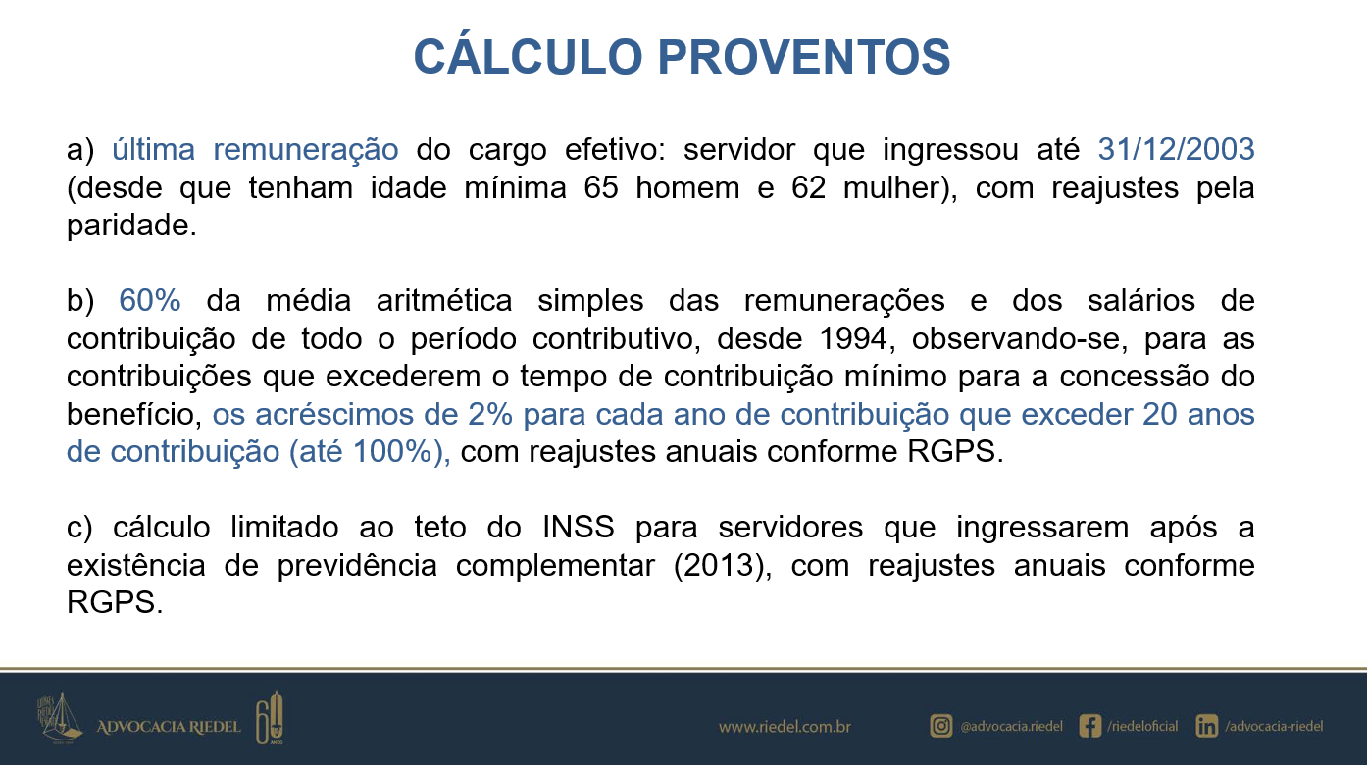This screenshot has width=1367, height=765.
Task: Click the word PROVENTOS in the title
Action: (804, 57)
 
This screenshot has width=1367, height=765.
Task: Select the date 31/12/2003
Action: (1176, 149)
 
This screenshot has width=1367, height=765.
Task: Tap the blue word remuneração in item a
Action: (306, 150)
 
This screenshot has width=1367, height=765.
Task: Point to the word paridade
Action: (131, 227)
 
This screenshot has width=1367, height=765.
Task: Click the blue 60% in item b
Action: (149, 300)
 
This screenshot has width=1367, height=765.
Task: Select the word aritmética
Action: (443, 300)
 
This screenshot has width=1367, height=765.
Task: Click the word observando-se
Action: (1019, 338)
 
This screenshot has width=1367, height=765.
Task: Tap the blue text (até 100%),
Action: (370, 452)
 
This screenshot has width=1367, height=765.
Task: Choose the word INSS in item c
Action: (579, 527)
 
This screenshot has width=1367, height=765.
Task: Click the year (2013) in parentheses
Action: (723, 566)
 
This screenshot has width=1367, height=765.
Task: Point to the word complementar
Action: (555, 566)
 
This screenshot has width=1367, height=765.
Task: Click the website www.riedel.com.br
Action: (785, 727)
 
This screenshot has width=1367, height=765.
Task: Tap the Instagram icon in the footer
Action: (941, 726)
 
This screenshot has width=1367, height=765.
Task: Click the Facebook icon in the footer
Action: (1089, 726)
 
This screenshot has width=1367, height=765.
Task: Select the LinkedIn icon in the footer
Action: (1206, 726)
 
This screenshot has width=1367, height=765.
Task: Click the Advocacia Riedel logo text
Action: (169, 727)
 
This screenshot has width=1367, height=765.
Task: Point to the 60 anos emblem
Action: (269, 719)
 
